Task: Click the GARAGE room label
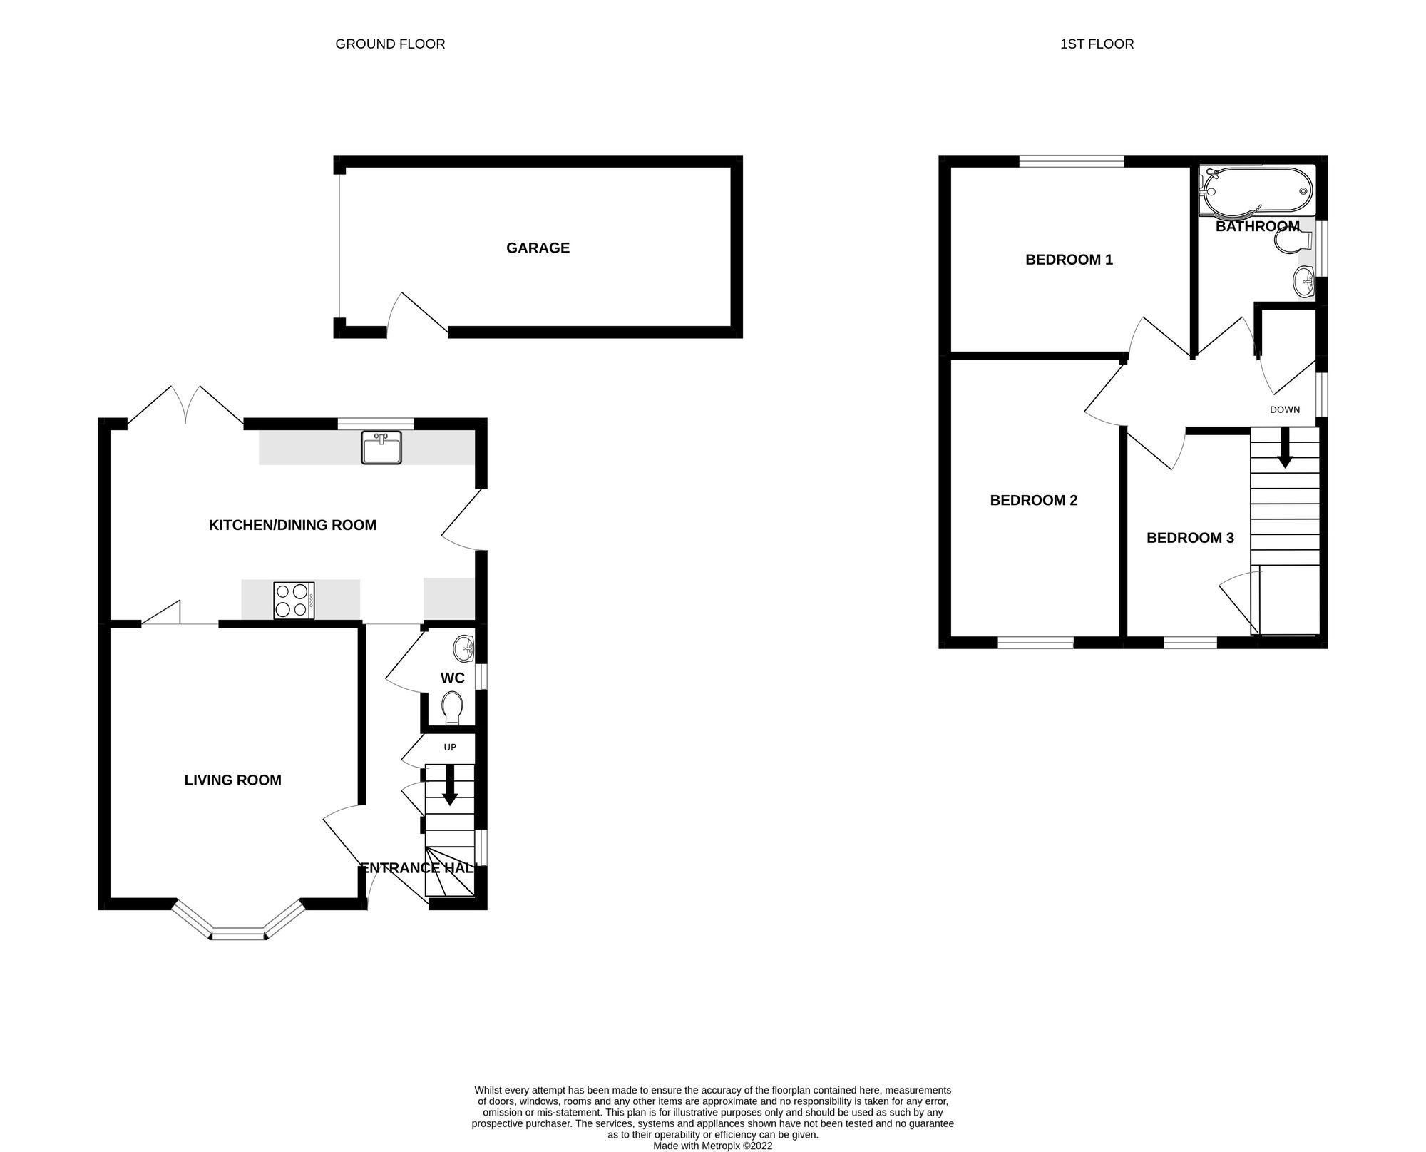[x=538, y=248]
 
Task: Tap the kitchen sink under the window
[x=381, y=449]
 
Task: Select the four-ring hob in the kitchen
[x=294, y=600]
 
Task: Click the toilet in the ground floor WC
[x=453, y=707]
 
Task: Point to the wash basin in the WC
[x=463, y=648]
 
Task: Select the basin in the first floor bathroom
[x=1303, y=280]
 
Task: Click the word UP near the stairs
[x=450, y=748]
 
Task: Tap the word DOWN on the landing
[x=1285, y=409]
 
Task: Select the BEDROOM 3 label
[x=1190, y=538]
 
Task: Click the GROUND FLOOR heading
[x=390, y=44]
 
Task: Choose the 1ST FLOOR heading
[x=1097, y=44]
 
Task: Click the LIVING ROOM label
[x=232, y=780]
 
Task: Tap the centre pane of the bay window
[x=238, y=934]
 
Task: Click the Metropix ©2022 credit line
[x=712, y=1146]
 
